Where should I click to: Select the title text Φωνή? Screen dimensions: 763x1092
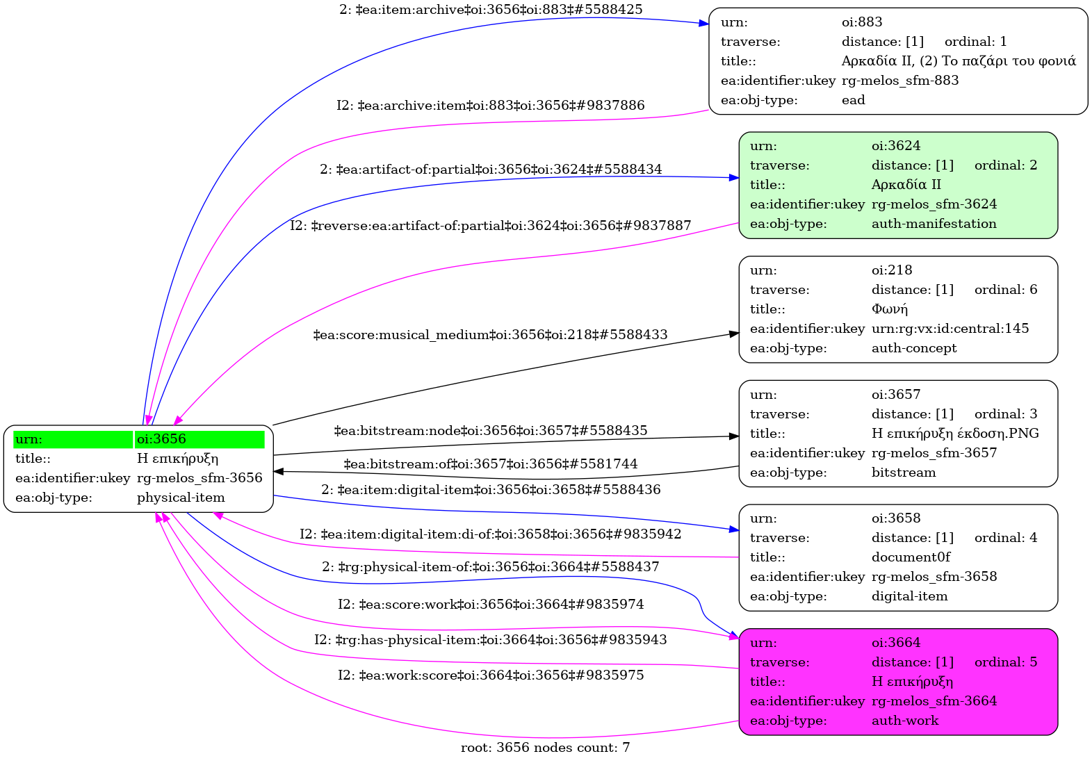[889, 309]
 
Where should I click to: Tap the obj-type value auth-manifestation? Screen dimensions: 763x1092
[934, 224]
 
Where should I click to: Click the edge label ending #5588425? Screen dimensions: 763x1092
[491, 10]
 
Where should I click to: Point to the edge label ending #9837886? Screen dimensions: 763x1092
[490, 106]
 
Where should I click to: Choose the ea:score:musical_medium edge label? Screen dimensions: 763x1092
[490, 335]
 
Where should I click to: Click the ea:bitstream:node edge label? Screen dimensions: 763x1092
[490, 431]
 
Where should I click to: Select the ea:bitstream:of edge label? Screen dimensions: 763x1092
[490, 464]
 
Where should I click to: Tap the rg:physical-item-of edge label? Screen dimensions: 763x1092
[490, 567]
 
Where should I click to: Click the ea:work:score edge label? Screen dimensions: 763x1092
[490, 675]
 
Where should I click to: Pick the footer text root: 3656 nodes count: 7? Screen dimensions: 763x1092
[545, 748]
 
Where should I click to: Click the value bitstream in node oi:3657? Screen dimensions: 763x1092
[903, 473]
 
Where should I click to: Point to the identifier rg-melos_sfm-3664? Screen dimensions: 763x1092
[934, 701]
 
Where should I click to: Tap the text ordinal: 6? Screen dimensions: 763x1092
[1005, 290]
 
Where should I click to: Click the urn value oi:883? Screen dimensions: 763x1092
[861, 22]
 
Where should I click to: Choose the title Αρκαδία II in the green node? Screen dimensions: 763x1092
[906, 185]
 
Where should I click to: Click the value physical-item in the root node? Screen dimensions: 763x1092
[181, 498]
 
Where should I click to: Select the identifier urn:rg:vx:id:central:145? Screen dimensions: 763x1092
[950, 329]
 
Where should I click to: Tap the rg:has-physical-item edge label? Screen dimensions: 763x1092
[490, 640]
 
